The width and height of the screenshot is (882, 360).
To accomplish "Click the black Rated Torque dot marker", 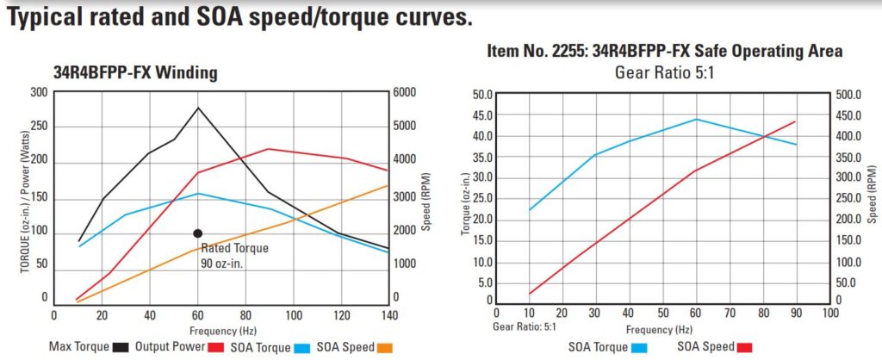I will [x=197, y=233].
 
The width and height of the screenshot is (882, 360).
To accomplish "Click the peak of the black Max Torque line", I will [x=198, y=108].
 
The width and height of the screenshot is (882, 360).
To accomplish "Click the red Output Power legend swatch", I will [x=218, y=347].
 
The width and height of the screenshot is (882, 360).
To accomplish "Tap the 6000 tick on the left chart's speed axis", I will [x=405, y=93].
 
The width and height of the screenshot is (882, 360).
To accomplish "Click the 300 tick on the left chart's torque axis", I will [x=39, y=93].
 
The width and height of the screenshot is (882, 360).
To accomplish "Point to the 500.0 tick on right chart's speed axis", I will [x=850, y=94].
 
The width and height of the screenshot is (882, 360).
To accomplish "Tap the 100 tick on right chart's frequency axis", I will [x=829, y=313].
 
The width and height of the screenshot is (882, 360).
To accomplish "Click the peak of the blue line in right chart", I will [x=696, y=119].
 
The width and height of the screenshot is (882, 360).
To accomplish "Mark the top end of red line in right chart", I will [x=795, y=121].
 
